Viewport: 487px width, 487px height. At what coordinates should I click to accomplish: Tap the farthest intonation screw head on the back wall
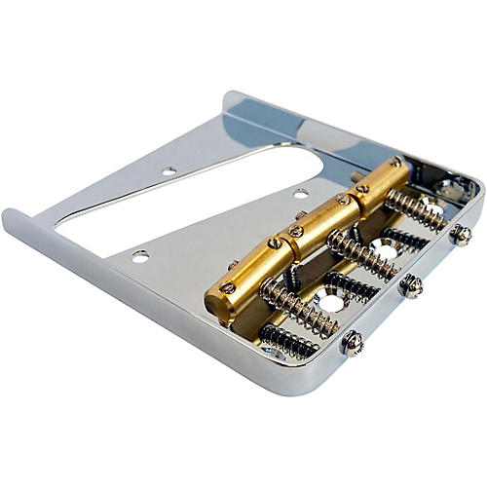(460, 234)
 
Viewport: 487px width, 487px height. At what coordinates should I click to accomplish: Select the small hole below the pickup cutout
(141, 255)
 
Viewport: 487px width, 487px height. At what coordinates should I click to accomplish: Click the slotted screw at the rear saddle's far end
(395, 162)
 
